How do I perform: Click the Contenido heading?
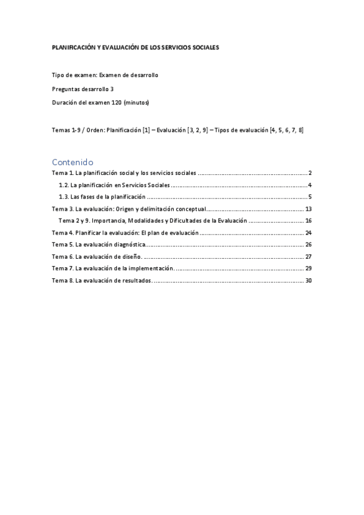(72, 162)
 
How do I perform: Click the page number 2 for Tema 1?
(310, 174)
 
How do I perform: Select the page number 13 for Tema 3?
(308, 209)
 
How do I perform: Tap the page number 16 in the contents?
(308, 220)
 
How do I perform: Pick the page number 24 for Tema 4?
(308, 233)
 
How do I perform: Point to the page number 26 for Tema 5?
(308, 244)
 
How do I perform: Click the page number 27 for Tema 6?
(308, 256)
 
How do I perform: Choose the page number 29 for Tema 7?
(308, 268)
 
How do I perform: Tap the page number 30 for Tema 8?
(308, 280)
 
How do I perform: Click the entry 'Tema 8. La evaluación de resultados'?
(101, 280)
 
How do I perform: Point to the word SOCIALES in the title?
(206, 47)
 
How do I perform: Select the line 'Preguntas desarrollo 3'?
(83, 89)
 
